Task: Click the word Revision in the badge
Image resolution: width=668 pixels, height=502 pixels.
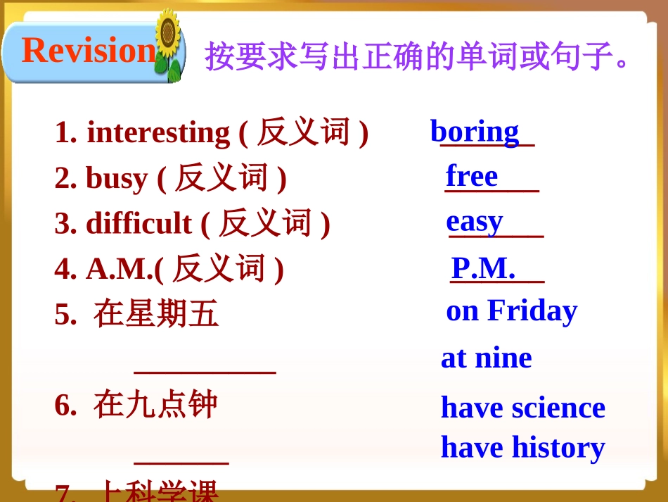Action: [x=88, y=51]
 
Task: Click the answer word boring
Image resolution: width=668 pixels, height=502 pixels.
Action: [x=475, y=132]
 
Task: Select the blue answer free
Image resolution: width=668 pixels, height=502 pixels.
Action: [x=472, y=176]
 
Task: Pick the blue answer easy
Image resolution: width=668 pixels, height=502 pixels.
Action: [x=475, y=221]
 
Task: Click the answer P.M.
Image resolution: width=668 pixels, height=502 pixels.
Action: [x=483, y=268]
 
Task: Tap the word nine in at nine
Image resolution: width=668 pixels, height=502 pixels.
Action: [x=503, y=358]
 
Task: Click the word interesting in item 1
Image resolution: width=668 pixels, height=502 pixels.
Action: [x=158, y=132]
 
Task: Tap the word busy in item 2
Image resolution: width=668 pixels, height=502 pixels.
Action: [x=117, y=178]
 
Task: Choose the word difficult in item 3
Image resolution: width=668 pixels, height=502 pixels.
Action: [x=139, y=223]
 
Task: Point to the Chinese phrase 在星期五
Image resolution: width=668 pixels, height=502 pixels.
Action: [x=156, y=313]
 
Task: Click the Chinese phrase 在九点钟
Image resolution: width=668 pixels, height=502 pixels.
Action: [x=155, y=405]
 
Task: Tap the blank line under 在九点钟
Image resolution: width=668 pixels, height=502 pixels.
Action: [x=181, y=463]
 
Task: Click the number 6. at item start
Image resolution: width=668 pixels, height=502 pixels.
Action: [x=65, y=405]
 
